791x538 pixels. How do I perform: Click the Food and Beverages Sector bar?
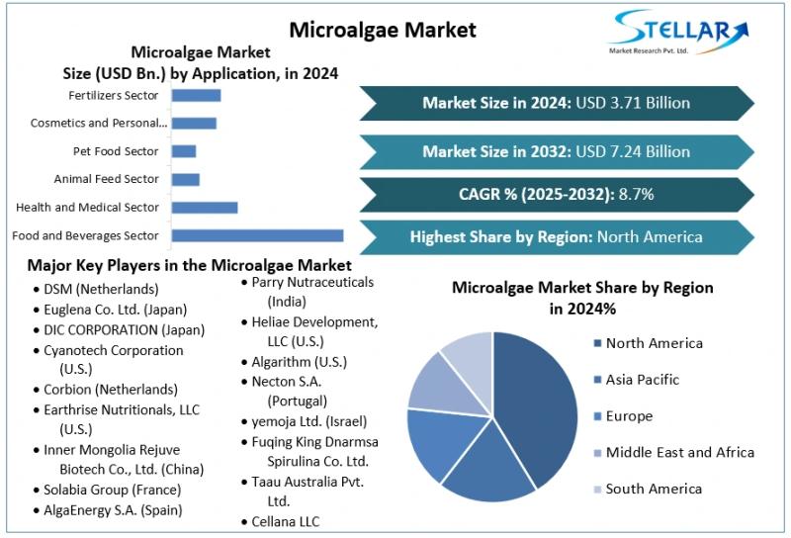point(257,235)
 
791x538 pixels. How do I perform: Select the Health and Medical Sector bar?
point(205,208)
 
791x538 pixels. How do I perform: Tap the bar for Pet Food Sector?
point(184,151)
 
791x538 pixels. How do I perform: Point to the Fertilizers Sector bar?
point(196,95)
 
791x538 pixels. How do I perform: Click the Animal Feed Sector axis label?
point(106,179)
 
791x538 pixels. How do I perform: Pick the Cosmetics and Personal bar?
point(194,123)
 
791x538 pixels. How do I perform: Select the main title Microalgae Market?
point(382,30)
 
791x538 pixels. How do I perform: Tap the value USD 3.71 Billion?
point(632,103)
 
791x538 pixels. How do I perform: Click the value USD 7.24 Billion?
point(632,151)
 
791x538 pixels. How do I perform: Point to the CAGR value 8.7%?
point(636,194)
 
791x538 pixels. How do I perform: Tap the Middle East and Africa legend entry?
point(679,453)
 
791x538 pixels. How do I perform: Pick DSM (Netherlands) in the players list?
point(101,289)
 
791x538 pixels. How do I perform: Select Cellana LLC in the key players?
point(285,521)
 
